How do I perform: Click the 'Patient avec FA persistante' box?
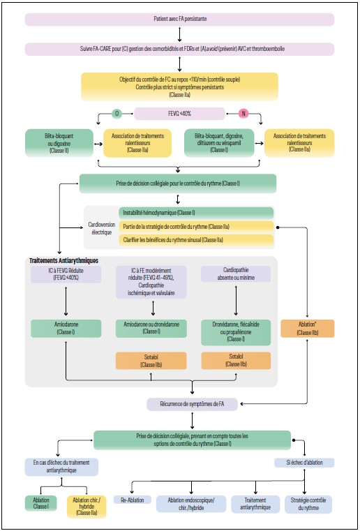pyautogui.click(x=179, y=18)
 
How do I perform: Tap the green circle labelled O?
pyautogui.click(x=116, y=112)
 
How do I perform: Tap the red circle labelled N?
pyautogui.click(x=243, y=112)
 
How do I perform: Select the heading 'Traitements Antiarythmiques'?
pyautogui.click(x=64, y=260)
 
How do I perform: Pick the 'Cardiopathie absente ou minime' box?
pyautogui.click(x=236, y=275)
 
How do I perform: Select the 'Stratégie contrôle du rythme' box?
pyautogui.click(x=308, y=504)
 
